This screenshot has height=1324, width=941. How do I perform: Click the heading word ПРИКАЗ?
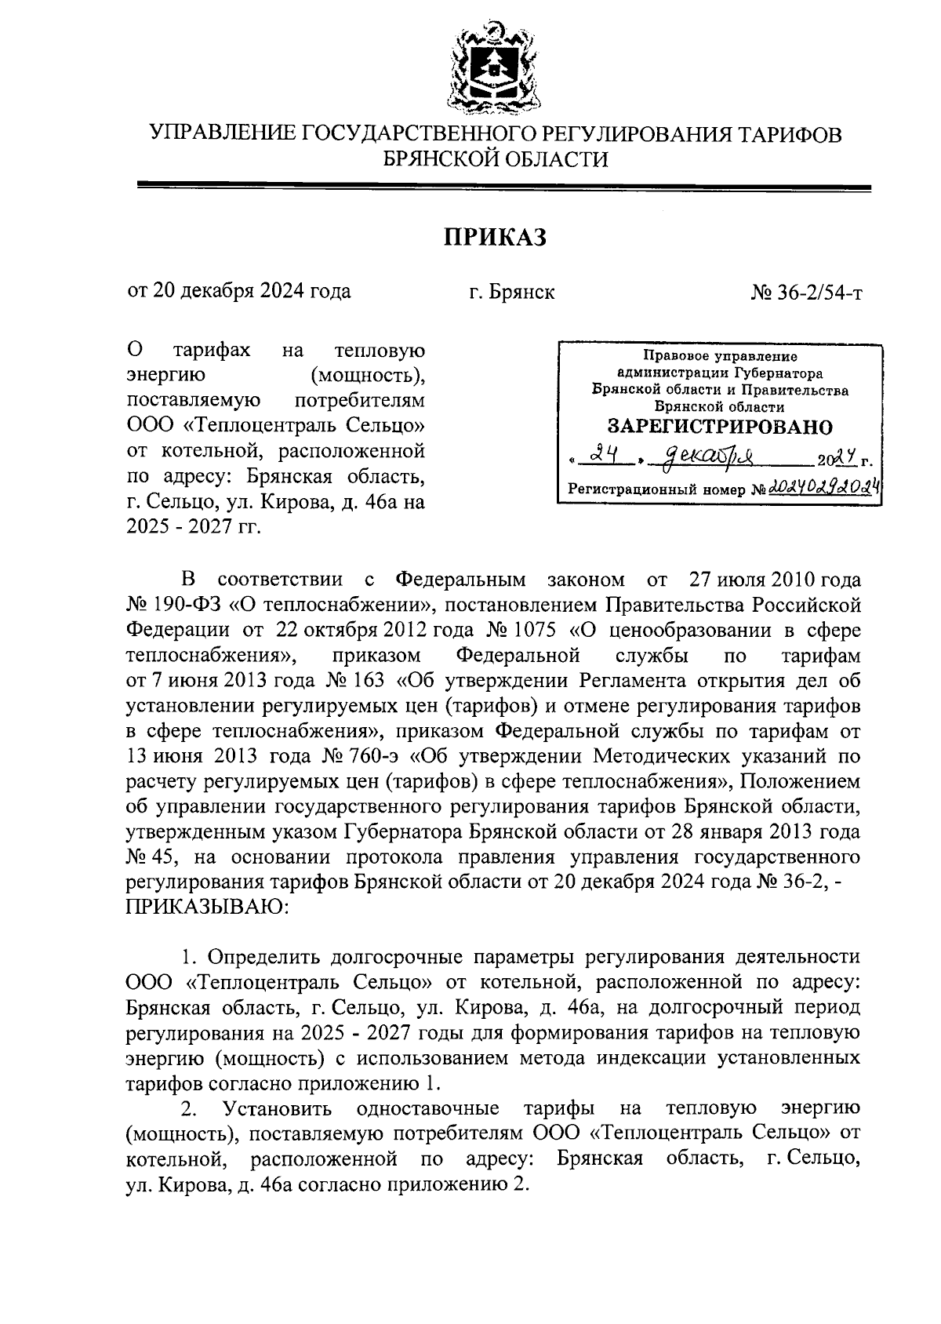[495, 237]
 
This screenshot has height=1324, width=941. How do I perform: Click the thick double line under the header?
[503, 187]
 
